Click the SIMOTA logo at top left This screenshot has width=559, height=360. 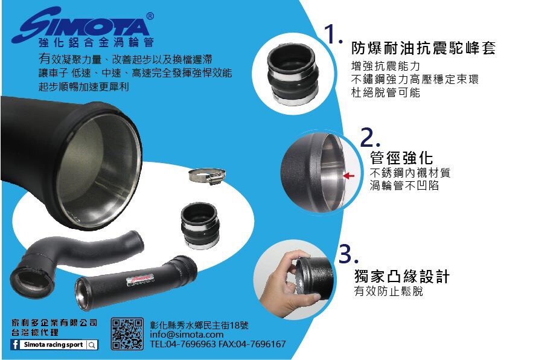click(82, 24)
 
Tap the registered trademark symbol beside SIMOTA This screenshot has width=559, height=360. click(150, 16)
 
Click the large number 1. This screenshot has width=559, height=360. click(333, 34)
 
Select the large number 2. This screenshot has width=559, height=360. click(370, 137)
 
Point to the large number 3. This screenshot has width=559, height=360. click(348, 254)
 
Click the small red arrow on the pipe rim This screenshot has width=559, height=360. click(349, 176)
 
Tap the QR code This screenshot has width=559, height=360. click(127, 333)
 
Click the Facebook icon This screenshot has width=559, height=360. click(15, 344)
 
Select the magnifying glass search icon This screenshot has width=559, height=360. click(92, 345)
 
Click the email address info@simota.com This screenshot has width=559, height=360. click(187, 335)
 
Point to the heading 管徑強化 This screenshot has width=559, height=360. click(401, 158)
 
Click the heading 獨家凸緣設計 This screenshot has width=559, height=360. click(402, 277)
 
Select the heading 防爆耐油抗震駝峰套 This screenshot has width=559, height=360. click(424, 48)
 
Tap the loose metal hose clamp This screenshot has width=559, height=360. click(207, 176)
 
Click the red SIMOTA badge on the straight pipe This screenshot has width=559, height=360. click(140, 280)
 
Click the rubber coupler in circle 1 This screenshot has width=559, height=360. click(292, 74)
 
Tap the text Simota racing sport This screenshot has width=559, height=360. click(54, 345)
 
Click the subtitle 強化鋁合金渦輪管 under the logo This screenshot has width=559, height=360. click(96, 42)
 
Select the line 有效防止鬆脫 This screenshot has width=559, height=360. click(389, 292)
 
